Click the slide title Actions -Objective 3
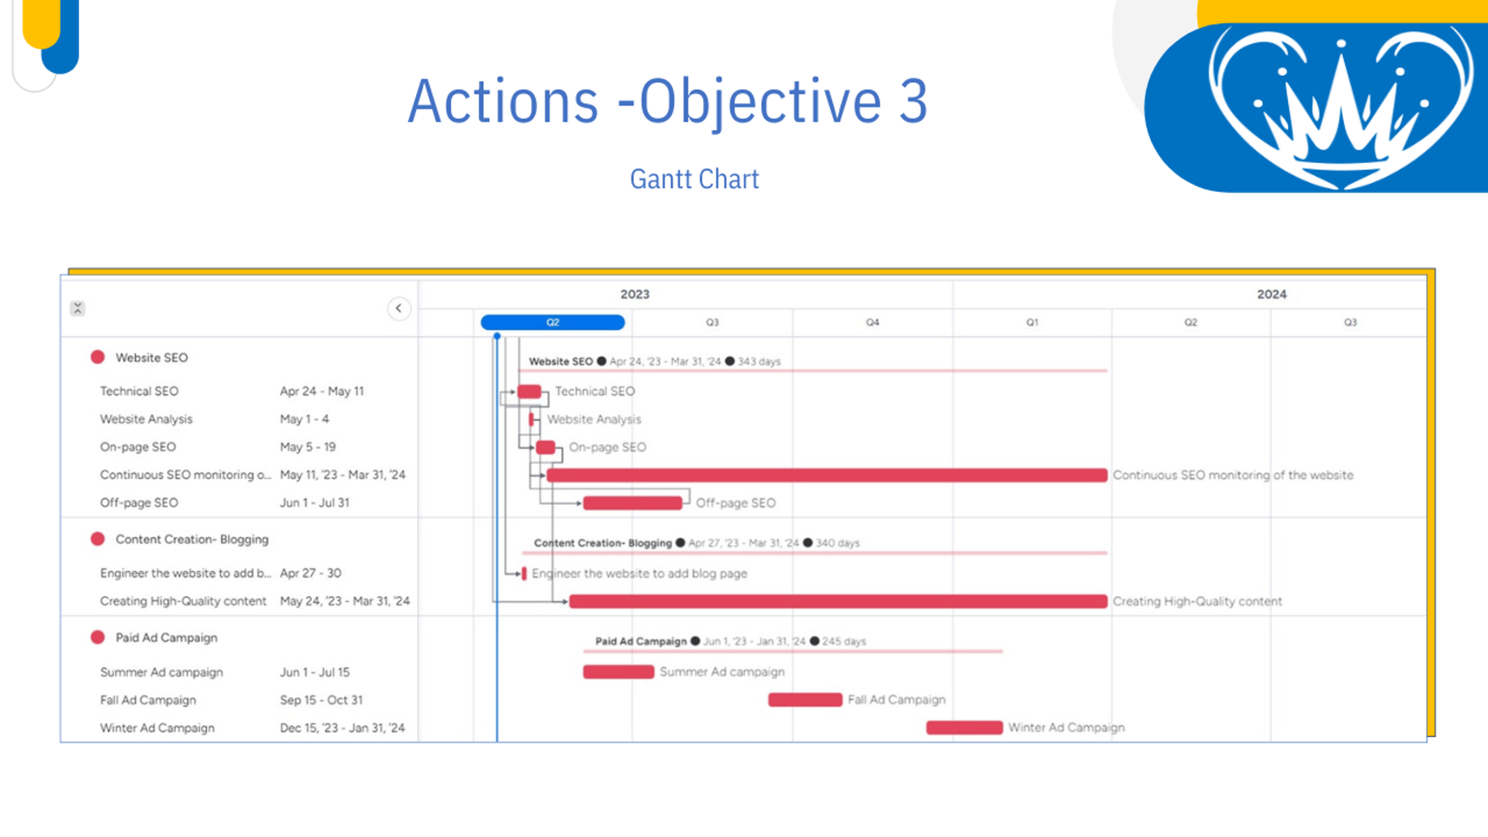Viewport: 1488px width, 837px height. tap(667, 102)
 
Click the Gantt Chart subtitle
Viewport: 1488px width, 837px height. tap(694, 179)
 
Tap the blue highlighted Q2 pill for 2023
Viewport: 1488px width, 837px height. tap(553, 322)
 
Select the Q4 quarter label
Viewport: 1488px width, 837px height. tap(873, 322)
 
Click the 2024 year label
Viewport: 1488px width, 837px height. tap(1272, 294)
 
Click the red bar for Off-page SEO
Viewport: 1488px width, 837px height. tap(632, 503)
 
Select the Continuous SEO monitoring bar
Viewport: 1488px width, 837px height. tap(827, 475)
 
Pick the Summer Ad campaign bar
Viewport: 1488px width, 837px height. tap(618, 672)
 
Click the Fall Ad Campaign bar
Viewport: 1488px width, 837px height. tap(805, 700)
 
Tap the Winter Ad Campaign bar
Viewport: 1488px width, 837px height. tap(964, 728)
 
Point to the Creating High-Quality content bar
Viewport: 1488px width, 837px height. tap(839, 601)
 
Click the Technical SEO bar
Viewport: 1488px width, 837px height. tap(529, 391)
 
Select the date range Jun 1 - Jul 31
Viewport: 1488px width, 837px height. tap(315, 503)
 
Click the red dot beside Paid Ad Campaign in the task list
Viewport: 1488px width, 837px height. tap(98, 637)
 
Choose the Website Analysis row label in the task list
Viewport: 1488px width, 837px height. tap(146, 419)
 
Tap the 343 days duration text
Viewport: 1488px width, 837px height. tap(759, 362)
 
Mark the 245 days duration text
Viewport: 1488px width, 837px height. tap(844, 642)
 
